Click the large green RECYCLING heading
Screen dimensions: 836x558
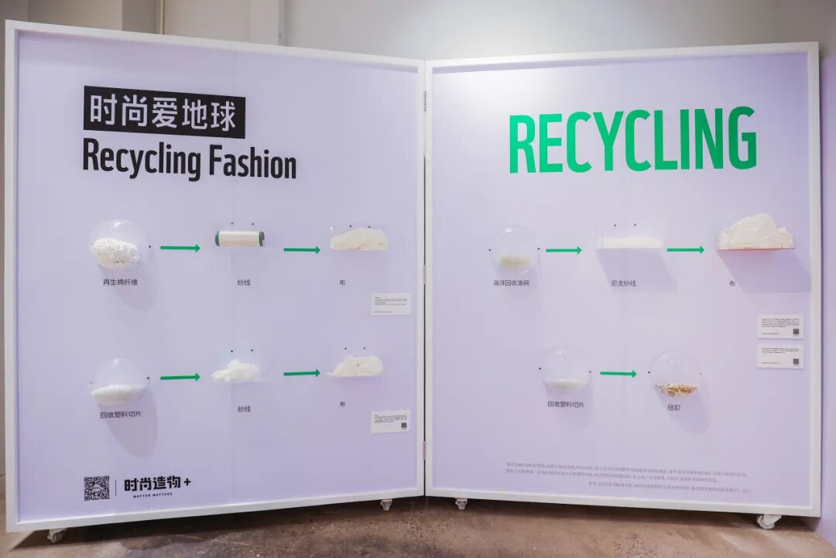tap(632, 140)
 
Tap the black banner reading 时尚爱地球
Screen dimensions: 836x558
tap(164, 113)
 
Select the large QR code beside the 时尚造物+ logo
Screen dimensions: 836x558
tap(97, 488)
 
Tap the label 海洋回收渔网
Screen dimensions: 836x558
tap(511, 283)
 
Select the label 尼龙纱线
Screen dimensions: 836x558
tap(623, 283)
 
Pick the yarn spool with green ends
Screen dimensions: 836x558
tap(239, 238)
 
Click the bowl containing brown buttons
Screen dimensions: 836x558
tap(675, 376)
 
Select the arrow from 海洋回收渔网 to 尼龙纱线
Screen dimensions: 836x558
tap(563, 250)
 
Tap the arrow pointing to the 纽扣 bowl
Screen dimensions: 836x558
tap(618, 374)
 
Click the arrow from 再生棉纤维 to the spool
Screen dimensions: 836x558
tap(180, 248)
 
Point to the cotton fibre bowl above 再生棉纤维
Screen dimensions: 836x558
tap(118, 247)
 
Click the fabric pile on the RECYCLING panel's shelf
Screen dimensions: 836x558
tap(755, 233)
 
